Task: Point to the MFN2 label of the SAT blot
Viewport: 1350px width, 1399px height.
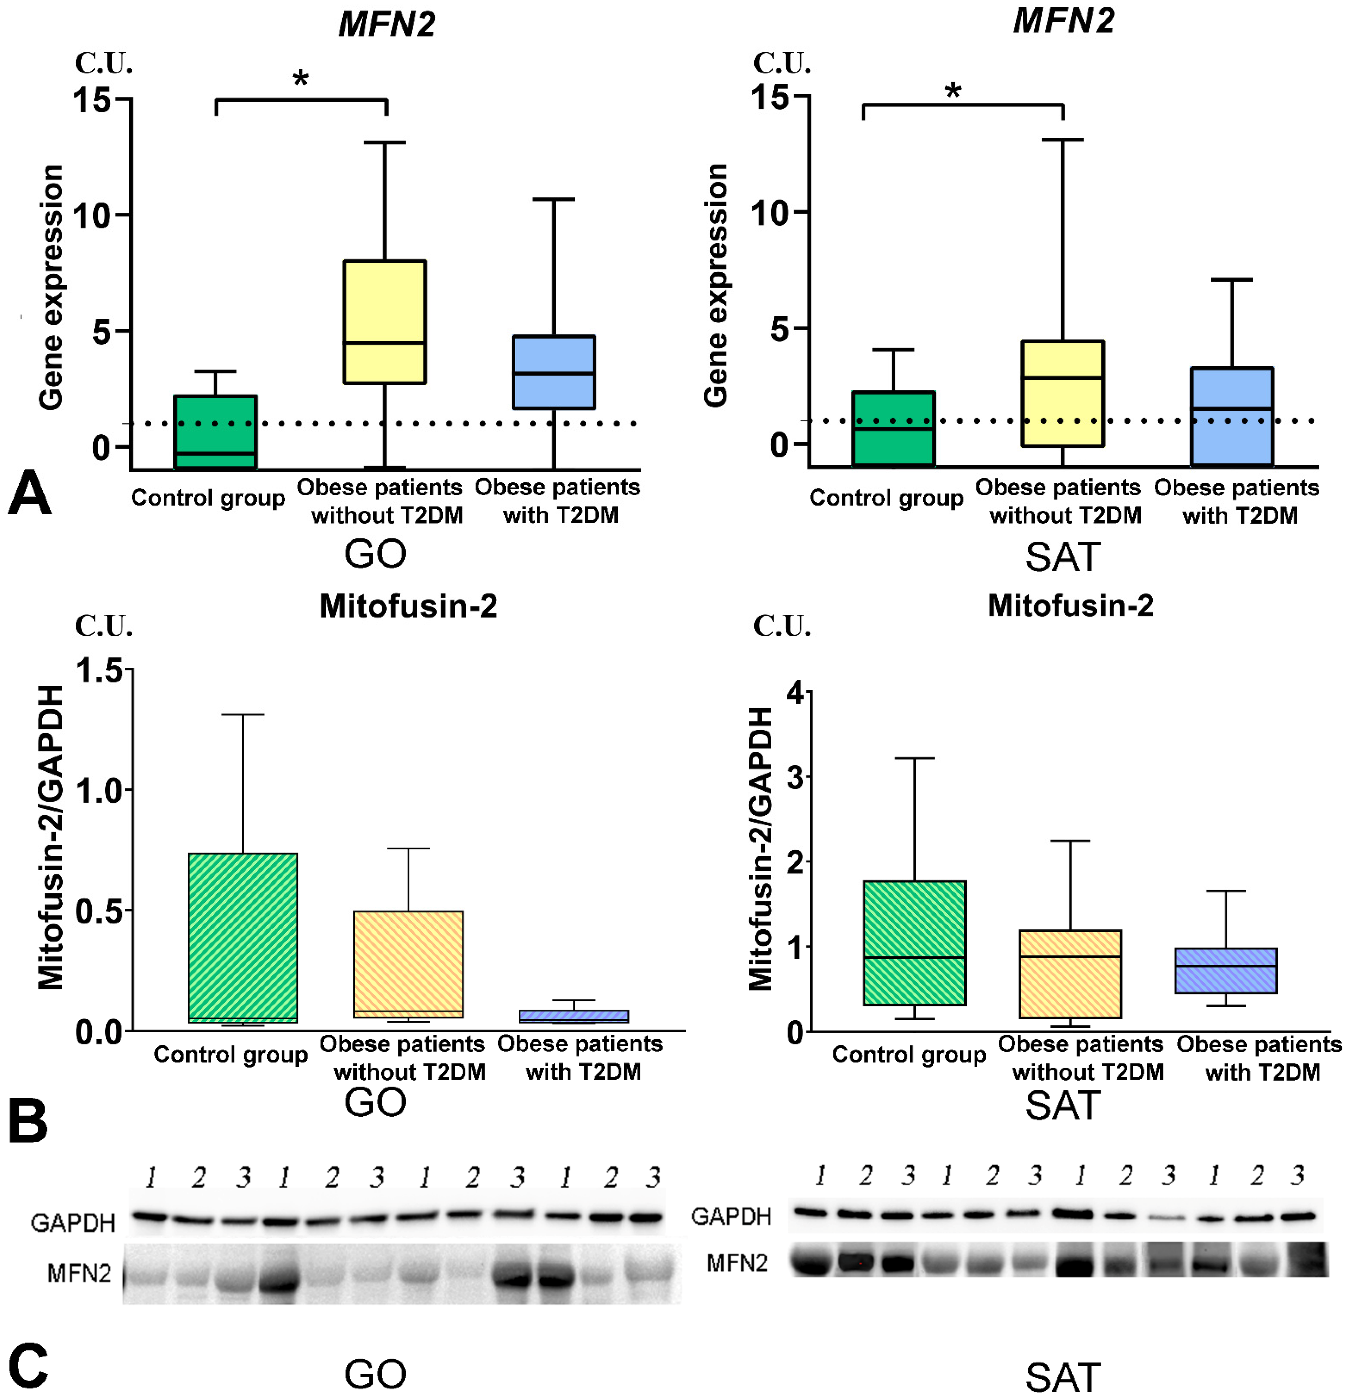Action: click(x=737, y=1263)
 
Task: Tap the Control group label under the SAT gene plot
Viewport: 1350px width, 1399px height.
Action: click(x=886, y=497)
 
